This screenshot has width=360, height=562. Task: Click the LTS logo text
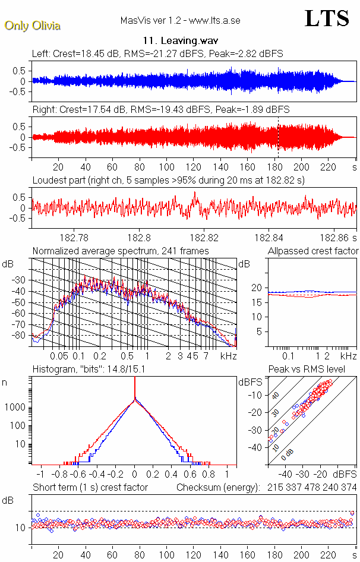tap(327, 19)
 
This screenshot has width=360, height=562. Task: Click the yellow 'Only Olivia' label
tap(32, 26)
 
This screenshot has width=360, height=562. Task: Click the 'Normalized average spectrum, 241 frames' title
tap(121, 251)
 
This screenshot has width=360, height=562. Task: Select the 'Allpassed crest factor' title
tap(313, 251)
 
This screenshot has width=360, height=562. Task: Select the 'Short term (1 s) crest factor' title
tap(90, 487)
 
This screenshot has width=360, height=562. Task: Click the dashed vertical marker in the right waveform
tap(277, 137)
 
